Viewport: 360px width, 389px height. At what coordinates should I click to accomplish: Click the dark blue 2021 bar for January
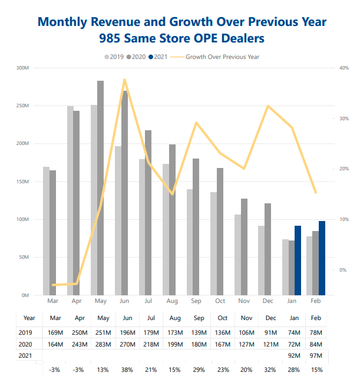coord(298,260)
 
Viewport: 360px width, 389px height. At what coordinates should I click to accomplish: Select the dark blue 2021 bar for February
coord(322,258)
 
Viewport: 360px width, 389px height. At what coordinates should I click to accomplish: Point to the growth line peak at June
coord(124,80)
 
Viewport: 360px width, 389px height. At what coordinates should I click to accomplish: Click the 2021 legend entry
coord(160,57)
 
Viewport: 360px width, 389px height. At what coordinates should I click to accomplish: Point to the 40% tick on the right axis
coord(345,68)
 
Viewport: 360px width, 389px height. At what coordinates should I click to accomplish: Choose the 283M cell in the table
coord(104,344)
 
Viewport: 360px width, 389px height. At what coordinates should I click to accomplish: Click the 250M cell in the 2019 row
coord(80,333)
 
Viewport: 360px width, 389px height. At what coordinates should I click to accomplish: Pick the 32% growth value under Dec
coord(270,369)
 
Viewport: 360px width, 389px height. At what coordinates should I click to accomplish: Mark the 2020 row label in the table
coord(25,344)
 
